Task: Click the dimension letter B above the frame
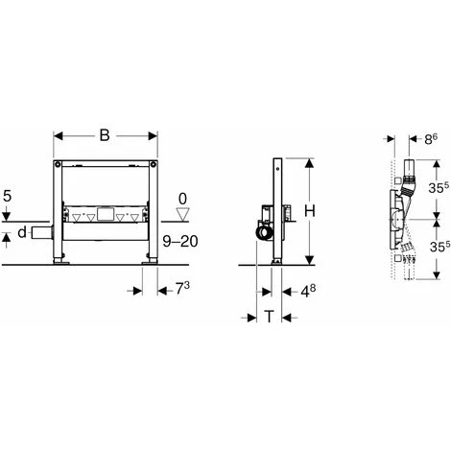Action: [x=105, y=135]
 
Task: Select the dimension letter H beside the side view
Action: [x=310, y=211]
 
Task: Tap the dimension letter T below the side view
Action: [x=270, y=317]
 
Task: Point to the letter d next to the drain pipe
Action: [x=22, y=232]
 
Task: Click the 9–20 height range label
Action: [x=180, y=241]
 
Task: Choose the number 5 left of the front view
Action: [x=8, y=196]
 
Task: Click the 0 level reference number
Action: [x=182, y=199]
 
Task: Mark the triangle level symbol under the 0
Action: [x=183, y=214]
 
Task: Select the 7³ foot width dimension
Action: [x=182, y=289]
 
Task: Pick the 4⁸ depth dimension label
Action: [x=309, y=291]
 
